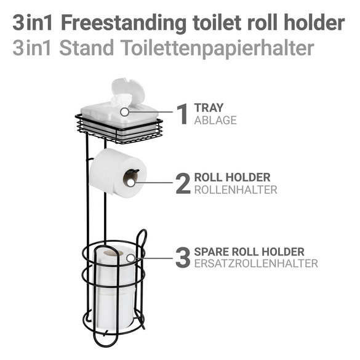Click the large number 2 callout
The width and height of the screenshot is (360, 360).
[x=183, y=183]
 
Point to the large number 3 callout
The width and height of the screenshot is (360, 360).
[x=183, y=257]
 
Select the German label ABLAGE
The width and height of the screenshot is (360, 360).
[x=215, y=120]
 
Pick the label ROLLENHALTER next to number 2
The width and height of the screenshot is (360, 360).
[x=235, y=190]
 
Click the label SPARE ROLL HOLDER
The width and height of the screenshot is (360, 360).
[x=249, y=252]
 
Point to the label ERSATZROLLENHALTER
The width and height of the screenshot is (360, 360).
[x=255, y=264]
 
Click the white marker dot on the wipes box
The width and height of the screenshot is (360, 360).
[x=125, y=113]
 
